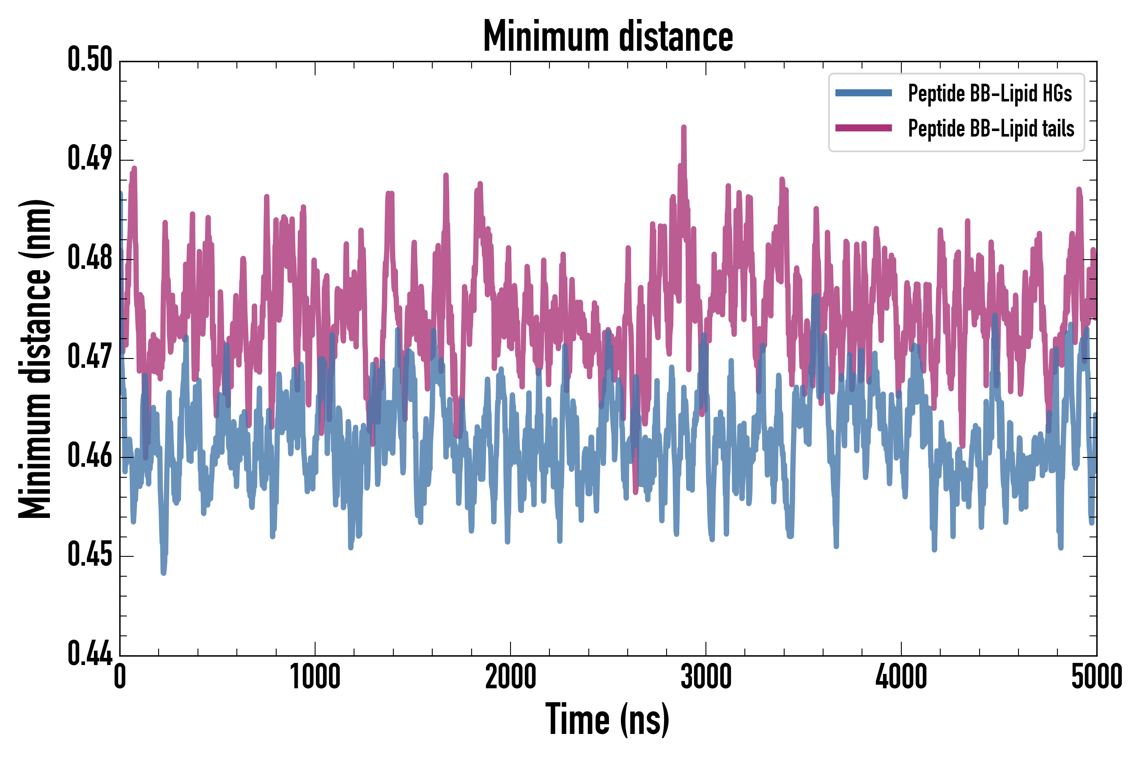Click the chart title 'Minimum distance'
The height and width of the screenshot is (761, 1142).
[608, 36]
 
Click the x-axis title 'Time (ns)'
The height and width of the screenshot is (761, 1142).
[608, 719]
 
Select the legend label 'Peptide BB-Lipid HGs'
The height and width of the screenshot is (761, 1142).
[990, 93]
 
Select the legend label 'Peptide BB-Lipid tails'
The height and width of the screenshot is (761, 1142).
[991, 129]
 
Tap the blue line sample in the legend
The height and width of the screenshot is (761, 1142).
[863, 93]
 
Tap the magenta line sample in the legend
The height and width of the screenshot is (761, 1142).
[863, 128]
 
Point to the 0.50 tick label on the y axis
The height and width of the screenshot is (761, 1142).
[90, 60]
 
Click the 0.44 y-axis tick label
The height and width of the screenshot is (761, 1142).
[90, 654]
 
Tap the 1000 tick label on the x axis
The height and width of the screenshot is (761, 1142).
[315, 676]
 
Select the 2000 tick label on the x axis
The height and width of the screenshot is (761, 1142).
[511, 676]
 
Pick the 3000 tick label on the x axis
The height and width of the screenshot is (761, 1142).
[706, 676]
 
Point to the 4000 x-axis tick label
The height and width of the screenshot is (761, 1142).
[901, 676]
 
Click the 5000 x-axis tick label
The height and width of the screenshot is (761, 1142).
[1097, 676]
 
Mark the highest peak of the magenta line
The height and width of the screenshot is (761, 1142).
[684, 127]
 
